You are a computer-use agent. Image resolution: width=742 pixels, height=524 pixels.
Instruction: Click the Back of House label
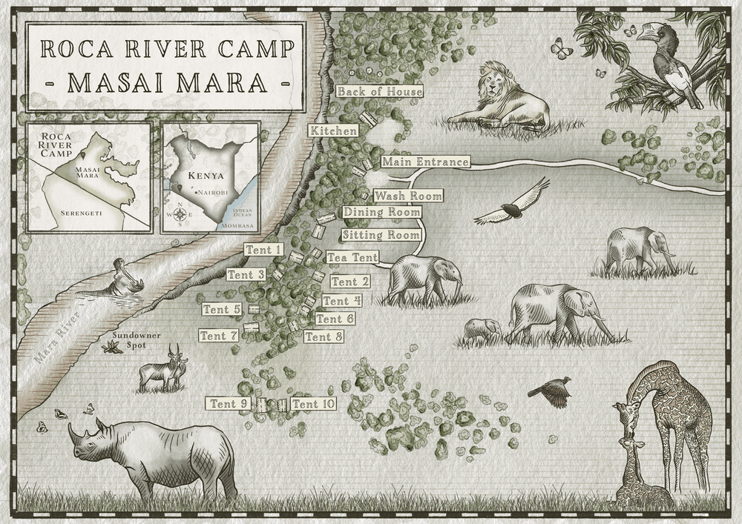tap(379, 92)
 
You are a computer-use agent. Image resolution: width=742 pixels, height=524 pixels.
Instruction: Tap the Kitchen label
tap(334, 130)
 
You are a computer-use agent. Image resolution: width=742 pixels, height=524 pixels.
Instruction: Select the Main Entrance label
tap(425, 162)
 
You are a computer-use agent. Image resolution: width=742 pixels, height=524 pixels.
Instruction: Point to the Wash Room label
tap(408, 196)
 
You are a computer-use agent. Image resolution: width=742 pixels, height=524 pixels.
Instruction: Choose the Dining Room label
tap(381, 212)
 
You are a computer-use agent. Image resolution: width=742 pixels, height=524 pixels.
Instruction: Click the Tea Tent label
tap(352, 257)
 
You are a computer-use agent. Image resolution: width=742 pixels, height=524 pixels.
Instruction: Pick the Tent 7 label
tap(219, 336)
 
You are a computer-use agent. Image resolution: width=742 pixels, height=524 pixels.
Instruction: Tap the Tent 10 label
tap(313, 404)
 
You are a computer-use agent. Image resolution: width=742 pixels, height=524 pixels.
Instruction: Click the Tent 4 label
tap(342, 301)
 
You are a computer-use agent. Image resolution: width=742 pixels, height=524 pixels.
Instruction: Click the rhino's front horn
tap(73, 431)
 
